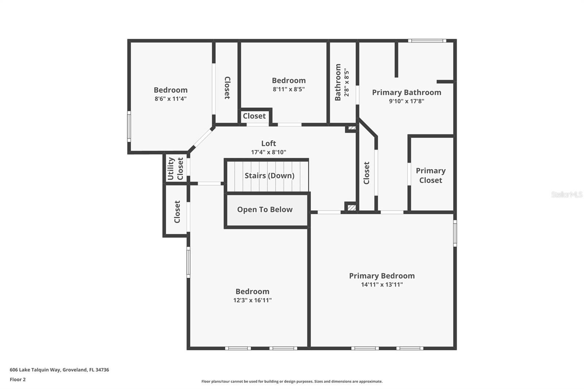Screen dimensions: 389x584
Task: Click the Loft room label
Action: click(268, 143)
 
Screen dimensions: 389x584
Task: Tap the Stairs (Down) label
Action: click(269, 176)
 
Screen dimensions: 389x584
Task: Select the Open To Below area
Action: click(265, 210)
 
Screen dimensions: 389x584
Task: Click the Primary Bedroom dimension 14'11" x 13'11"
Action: click(382, 285)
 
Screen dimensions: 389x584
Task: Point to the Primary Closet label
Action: click(430, 176)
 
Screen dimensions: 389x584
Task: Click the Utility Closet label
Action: click(175, 169)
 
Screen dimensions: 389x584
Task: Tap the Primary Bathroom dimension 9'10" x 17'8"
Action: click(406, 101)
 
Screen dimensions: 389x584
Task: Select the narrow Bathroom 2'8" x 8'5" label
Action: click(342, 82)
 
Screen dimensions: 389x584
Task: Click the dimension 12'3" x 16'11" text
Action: click(252, 300)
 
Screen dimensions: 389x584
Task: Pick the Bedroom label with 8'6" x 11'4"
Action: click(170, 90)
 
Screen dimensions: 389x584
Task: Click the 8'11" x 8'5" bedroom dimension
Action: click(288, 89)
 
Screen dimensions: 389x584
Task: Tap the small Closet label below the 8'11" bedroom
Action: click(254, 116)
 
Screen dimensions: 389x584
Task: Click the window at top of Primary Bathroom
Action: click(427, 41)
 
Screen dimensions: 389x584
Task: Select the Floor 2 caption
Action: click(18, 380)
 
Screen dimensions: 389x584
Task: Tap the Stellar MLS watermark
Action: click(566, 194)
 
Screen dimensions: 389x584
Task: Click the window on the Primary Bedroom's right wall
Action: click(455, 233)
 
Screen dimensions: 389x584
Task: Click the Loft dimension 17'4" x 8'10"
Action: click(268, 152)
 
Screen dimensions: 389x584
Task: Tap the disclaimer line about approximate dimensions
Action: click(292, 381)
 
